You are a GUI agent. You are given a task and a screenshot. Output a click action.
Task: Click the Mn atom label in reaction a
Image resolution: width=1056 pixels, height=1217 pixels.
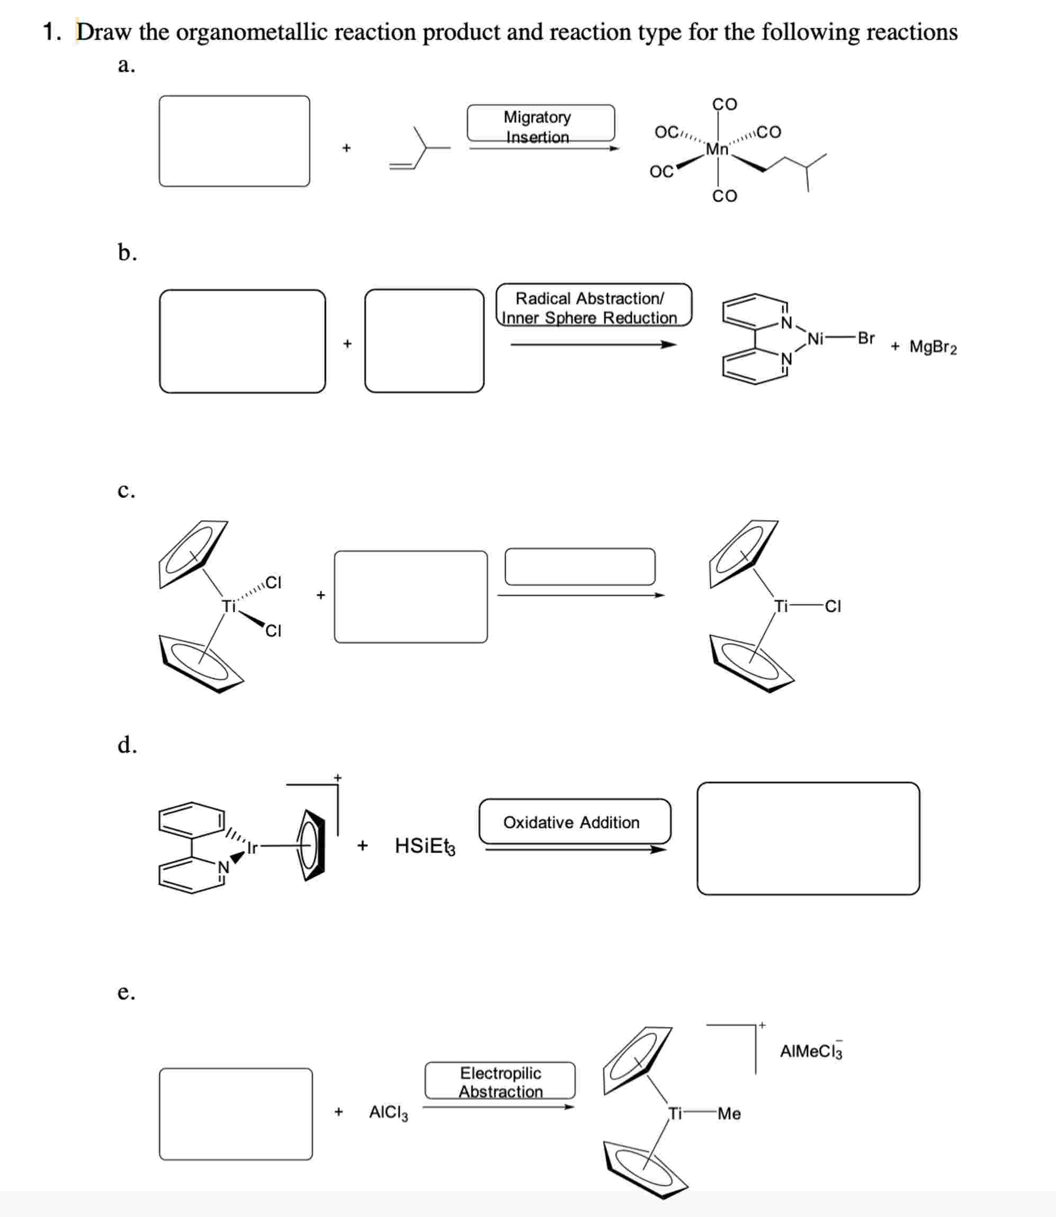click(717, 149)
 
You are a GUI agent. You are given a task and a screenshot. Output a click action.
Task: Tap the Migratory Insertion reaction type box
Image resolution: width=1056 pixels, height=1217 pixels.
click(540, 122)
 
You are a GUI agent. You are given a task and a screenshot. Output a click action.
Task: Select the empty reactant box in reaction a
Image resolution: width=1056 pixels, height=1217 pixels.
click(234, 141)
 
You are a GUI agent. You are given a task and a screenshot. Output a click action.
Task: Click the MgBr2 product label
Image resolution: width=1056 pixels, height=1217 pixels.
click(933, 347)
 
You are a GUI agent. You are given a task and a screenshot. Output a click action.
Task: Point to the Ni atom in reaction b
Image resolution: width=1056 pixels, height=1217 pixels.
click(815, 339)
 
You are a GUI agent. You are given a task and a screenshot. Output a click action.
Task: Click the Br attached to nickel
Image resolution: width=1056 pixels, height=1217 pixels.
click(866, 338)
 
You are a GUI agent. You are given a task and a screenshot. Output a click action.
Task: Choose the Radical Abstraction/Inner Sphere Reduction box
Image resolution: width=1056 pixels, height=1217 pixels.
click(594, 305)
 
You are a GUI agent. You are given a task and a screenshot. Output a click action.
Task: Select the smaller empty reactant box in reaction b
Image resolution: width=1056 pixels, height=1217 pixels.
click(424, 340)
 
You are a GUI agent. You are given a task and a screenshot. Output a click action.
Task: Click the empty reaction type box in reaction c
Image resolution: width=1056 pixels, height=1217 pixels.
click(579, 566)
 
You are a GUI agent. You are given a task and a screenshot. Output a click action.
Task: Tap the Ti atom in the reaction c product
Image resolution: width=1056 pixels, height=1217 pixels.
click(781, 606)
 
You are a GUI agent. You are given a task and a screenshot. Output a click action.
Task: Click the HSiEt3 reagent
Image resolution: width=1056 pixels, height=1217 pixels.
click(424, 846)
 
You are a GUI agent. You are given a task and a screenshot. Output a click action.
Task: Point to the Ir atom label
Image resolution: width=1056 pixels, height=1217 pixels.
click(252, 848)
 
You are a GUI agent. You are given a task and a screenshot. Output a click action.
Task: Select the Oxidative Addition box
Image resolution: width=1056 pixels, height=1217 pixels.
click(574, 821)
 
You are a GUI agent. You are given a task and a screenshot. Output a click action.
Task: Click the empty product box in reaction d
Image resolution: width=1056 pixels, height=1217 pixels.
click(807, 839)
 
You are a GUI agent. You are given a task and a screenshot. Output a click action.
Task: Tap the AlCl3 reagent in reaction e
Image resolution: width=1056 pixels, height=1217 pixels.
click(388, 1113)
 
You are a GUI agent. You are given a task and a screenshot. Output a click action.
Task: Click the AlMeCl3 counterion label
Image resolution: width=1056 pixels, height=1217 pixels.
click(810, 1051)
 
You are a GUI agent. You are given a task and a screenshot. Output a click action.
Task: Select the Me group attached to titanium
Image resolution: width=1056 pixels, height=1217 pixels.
click(729, 1113)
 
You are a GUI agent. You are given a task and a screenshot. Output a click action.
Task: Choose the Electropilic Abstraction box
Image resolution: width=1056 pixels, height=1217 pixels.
click(500, 1080)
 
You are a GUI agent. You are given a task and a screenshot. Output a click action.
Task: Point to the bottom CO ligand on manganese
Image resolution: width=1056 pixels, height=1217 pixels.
click(724, 196)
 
